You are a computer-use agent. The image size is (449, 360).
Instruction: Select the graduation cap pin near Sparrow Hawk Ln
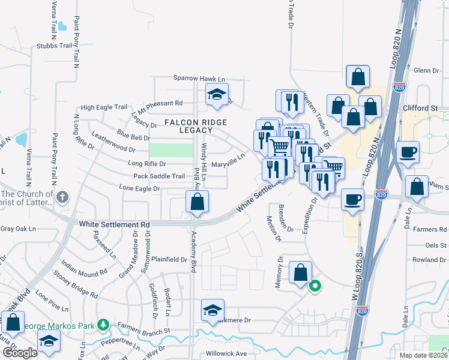click(217, 95)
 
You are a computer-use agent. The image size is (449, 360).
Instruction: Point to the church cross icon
click(63, 197)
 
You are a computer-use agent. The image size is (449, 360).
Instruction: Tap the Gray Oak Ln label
click(18, 229)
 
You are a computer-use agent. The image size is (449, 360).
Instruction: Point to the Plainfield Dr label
click(169, 260)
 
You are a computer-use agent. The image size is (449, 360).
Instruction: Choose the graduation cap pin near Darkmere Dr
click(212, 310)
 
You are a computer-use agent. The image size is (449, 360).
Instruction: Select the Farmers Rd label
click(435, 229)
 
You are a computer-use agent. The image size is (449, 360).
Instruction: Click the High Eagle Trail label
click(104, 107)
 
